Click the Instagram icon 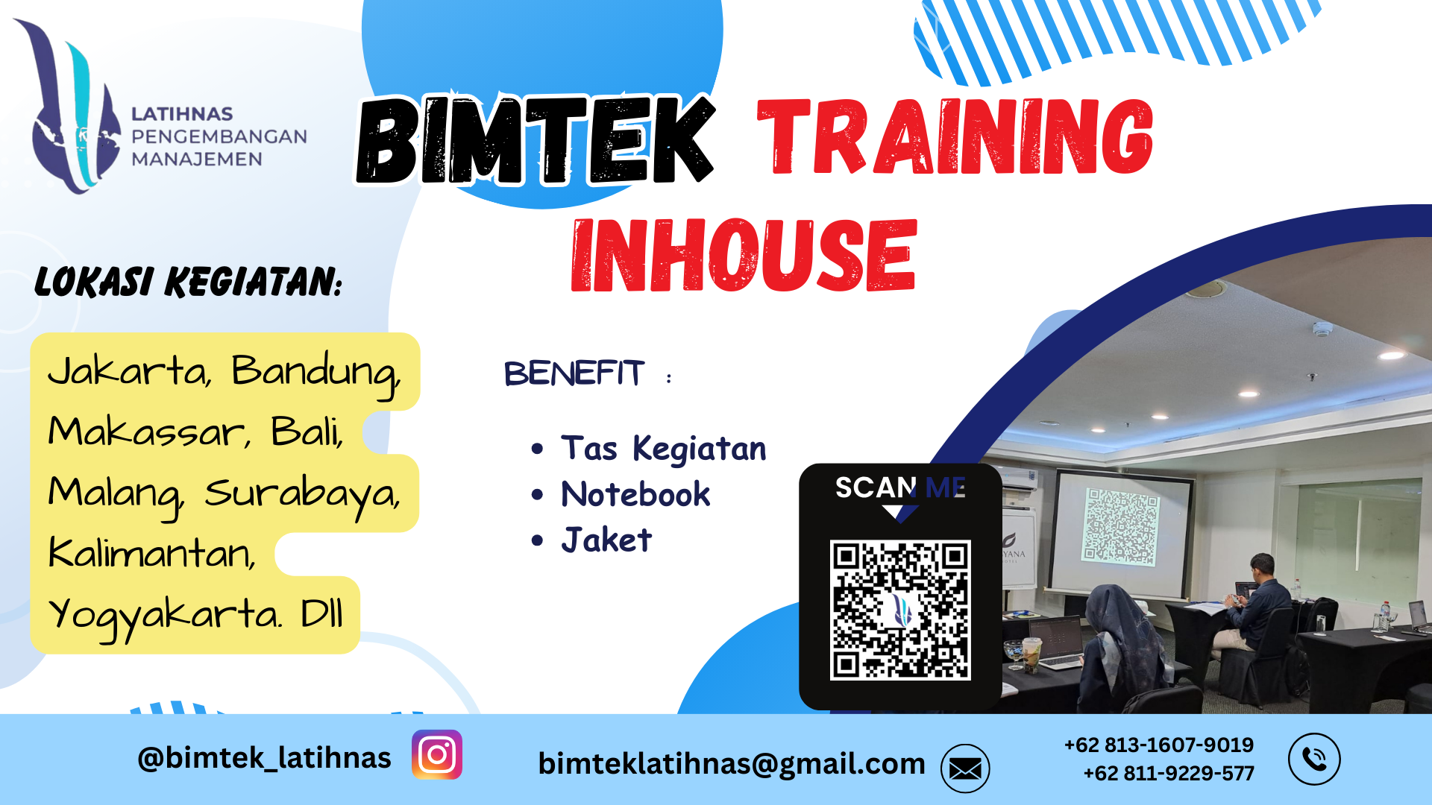pos(437,754)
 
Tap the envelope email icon pos(965,768)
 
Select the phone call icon pos(1314,759)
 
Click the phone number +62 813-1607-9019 pos(1158,745)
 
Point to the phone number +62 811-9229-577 pos(1168,773)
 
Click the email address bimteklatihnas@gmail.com pos(732,764)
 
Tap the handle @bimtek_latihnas pos(264,758)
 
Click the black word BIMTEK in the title pos(535,139)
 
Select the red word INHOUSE pos(744,255)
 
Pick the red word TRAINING pos(955,137)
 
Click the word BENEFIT pos(574,373)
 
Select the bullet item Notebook pos(635,494)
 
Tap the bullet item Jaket pos(606,540)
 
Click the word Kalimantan pos(152,553)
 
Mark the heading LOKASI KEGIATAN pos(188,282)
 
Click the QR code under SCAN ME pos(900,610)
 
